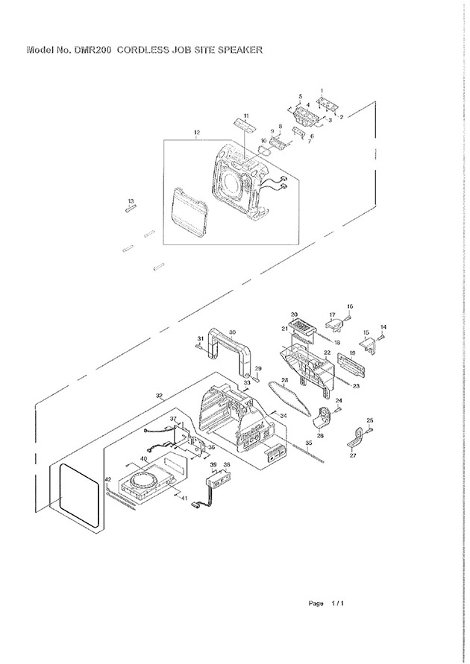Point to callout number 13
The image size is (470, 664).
(x=131, y=201)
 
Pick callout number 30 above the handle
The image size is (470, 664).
(x=232, y=333)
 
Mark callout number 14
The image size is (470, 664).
(x=384, y=327)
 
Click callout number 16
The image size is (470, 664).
(x=350, y=306)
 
